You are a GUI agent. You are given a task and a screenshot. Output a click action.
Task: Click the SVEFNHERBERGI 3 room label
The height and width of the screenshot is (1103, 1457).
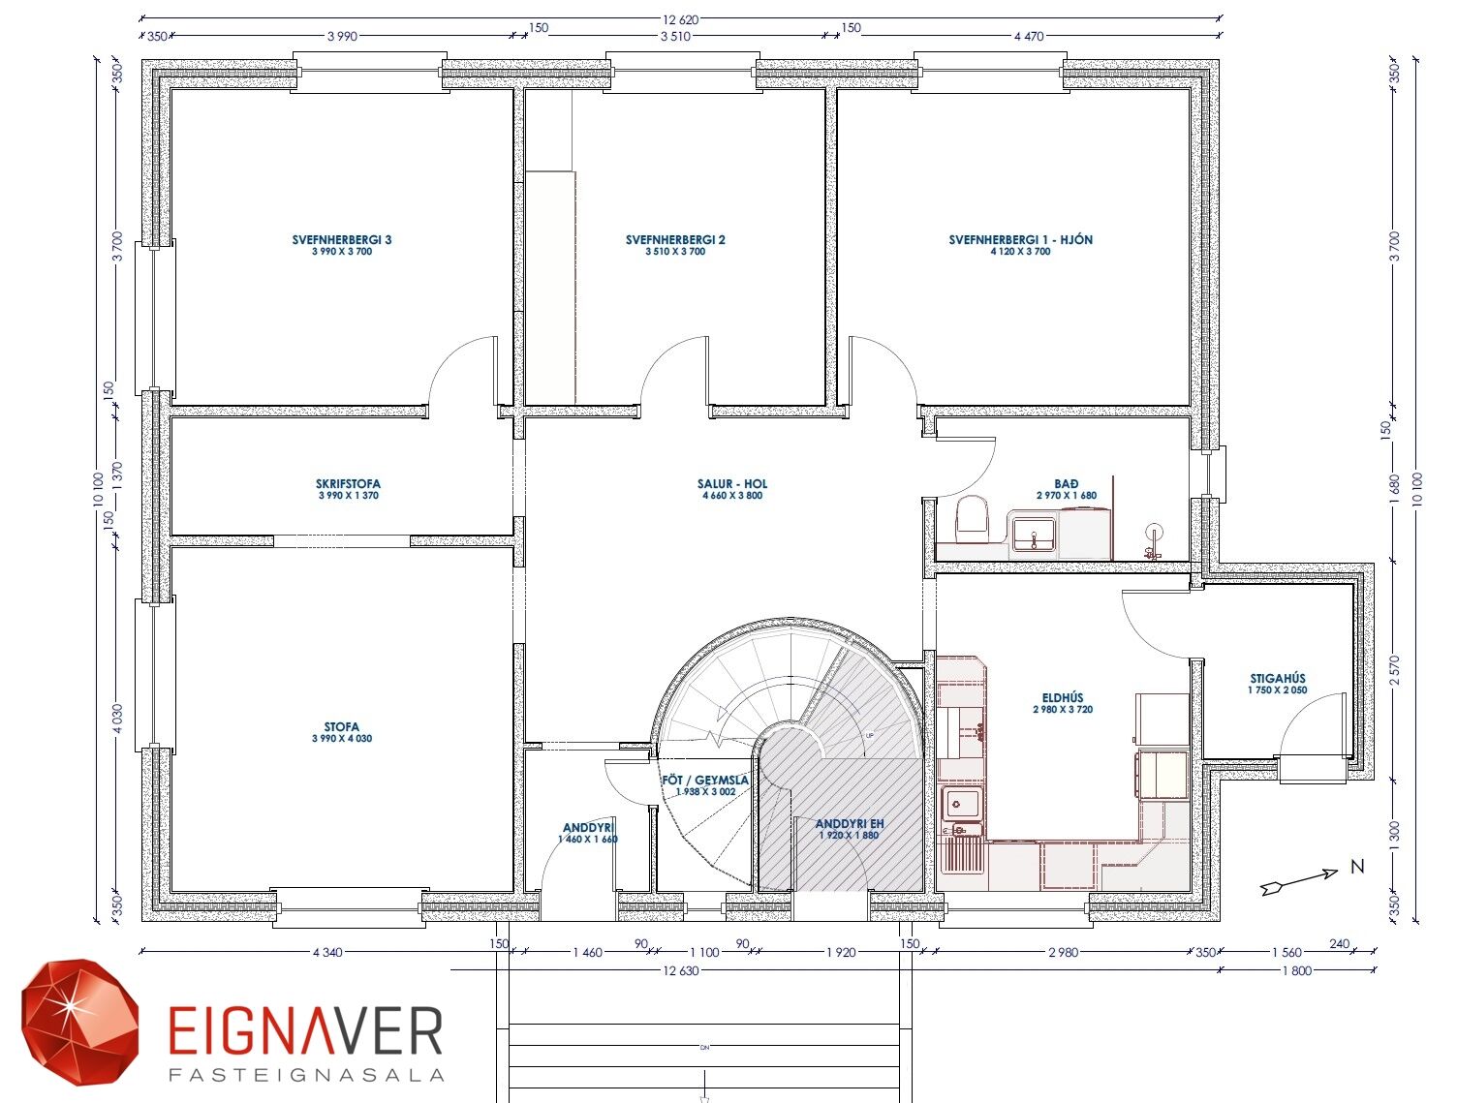(x=342, y=240)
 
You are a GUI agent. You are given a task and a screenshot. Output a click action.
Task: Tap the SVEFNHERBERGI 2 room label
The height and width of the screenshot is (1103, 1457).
(x=675, y=240)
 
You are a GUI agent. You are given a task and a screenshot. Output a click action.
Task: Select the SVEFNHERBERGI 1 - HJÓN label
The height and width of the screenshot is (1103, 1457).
(x=1020, y=240)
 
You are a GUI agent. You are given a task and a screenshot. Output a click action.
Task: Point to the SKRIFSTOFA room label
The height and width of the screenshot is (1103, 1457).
(x=348, y=484)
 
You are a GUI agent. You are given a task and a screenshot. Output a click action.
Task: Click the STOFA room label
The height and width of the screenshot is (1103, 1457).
(x=342, y=727)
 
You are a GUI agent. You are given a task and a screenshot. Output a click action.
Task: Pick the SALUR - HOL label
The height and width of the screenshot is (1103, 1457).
(x=732, y=484)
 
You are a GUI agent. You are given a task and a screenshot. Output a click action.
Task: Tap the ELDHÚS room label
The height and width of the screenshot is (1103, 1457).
(x=1063, y=698)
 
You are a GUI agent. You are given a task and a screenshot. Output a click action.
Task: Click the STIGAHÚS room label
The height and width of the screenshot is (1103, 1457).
(x=1278, y=679)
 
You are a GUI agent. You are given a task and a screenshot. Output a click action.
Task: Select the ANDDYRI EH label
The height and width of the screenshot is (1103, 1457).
(x=850, y=824)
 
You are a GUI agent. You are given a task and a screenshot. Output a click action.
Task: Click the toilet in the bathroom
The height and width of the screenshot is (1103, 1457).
(x=973, y=519)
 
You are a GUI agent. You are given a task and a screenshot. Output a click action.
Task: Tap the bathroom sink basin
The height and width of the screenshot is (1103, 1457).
(x=1034, y=534)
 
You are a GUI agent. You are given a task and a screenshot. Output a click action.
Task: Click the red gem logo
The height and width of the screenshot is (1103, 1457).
(x=79, y=1024)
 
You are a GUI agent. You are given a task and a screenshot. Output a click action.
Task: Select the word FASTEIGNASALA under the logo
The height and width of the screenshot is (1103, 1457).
(x=306, y=1075)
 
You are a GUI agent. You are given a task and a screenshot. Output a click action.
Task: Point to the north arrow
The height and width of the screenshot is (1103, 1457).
(x=1299, y=882)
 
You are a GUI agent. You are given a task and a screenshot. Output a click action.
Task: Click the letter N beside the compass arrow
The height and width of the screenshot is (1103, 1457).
(x=1358, y=866)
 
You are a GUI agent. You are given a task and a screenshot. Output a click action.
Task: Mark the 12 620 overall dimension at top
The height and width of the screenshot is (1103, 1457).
(x=680, y=20)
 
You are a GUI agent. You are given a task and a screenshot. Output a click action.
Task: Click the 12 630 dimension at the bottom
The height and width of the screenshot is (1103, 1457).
(x=680, y=970)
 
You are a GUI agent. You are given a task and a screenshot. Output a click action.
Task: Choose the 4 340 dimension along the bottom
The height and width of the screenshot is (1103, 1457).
(x=327, y=953)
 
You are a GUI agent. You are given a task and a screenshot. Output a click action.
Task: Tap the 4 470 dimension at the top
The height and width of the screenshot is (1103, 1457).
(x=1029, y=37)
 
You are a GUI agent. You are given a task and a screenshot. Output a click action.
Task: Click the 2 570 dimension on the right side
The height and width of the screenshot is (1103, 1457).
(x=1394, y=670)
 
